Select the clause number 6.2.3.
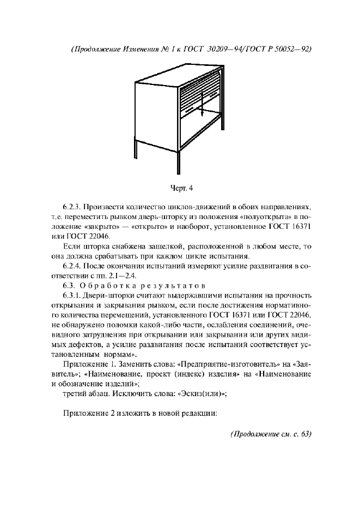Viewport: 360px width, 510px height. pos(74,208)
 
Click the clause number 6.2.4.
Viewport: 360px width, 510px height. pos(74,266)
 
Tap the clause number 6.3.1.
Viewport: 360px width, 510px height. pos(74,296)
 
